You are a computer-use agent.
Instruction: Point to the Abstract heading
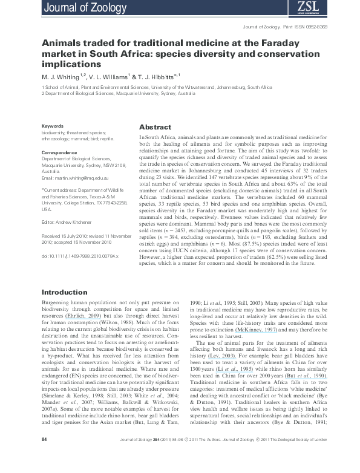tap(155, 128)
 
